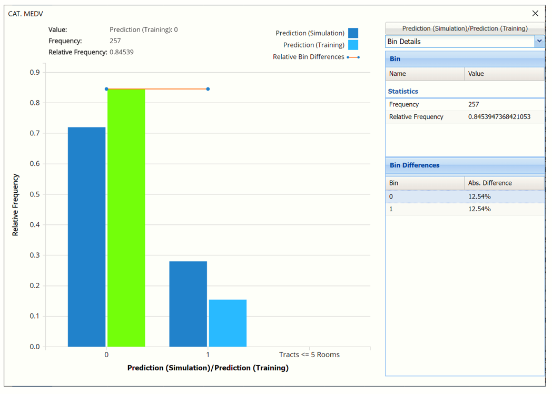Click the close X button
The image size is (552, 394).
pos(535,13)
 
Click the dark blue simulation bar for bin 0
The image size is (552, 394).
pos(86,237)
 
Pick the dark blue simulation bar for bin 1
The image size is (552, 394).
pos(188,304)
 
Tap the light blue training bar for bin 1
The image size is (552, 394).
pos(228,323)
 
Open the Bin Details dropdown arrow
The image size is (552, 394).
pos(539,41)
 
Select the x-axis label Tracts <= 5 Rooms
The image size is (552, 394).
pos(309,354)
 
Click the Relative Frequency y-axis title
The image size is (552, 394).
pos(15,205)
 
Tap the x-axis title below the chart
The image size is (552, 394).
pos(208,368)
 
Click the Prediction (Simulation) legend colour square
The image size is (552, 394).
pos(353,33)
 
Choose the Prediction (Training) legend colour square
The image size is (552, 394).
pos(353,45)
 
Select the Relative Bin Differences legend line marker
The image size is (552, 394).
pos(353,57)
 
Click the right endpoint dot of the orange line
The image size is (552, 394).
pos(208,89)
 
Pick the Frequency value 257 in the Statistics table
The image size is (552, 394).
pos(474,104)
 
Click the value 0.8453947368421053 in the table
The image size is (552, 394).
pos(499,117)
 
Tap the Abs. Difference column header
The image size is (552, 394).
pos(490,183)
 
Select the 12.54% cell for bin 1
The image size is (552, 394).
pos(479,209)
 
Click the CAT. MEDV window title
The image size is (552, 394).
pos(26,14)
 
